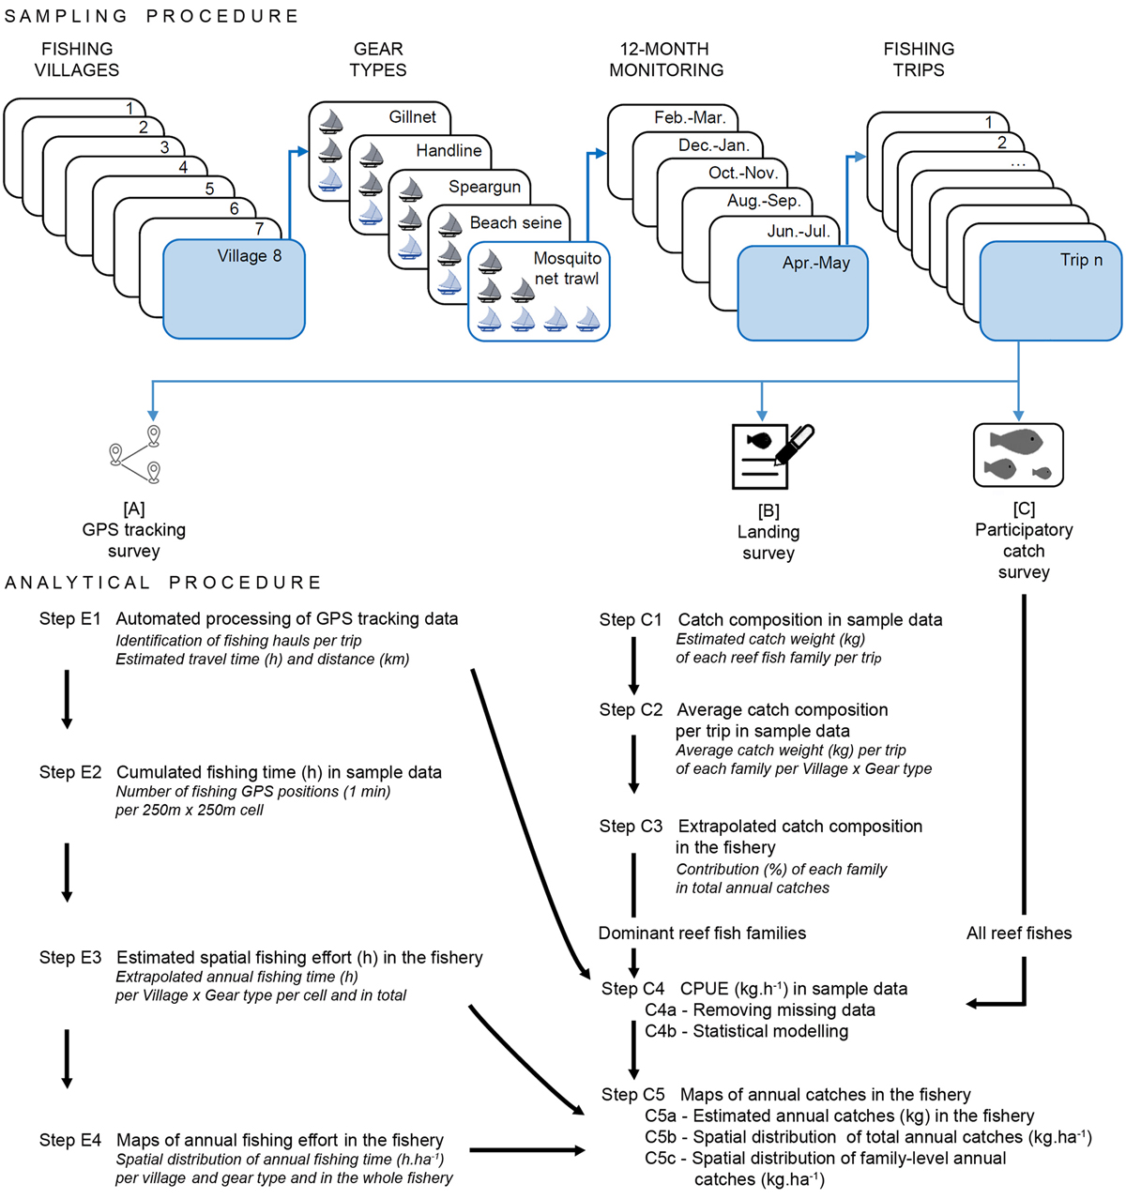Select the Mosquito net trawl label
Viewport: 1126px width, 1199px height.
[567, 268]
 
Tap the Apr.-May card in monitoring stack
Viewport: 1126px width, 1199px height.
[802, 293]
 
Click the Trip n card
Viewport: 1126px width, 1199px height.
[1050, 290]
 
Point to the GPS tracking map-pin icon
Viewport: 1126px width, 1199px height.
[134, 455]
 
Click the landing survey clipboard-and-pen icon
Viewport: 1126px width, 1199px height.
[771, 456]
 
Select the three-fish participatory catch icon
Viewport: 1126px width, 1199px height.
[1018, 455]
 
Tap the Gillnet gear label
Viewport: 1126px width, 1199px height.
[412, 117]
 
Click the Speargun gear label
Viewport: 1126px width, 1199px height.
[484, 187]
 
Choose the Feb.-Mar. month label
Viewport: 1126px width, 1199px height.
[690, 117]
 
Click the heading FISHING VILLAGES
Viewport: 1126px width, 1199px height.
[77, 59]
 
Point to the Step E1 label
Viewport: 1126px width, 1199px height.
[70, 619]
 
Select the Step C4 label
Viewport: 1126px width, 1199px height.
[632, 989]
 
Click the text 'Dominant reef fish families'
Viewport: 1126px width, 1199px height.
[702, 933]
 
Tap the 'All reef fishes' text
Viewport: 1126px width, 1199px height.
[1019, 933]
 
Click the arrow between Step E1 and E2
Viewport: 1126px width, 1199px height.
[67, 698]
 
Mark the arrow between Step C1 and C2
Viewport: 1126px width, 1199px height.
[633, 664]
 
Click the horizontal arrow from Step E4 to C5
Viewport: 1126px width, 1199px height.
[526, 1149]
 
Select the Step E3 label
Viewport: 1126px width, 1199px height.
[70, 958]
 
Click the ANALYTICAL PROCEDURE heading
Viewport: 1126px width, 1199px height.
[162, 583]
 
